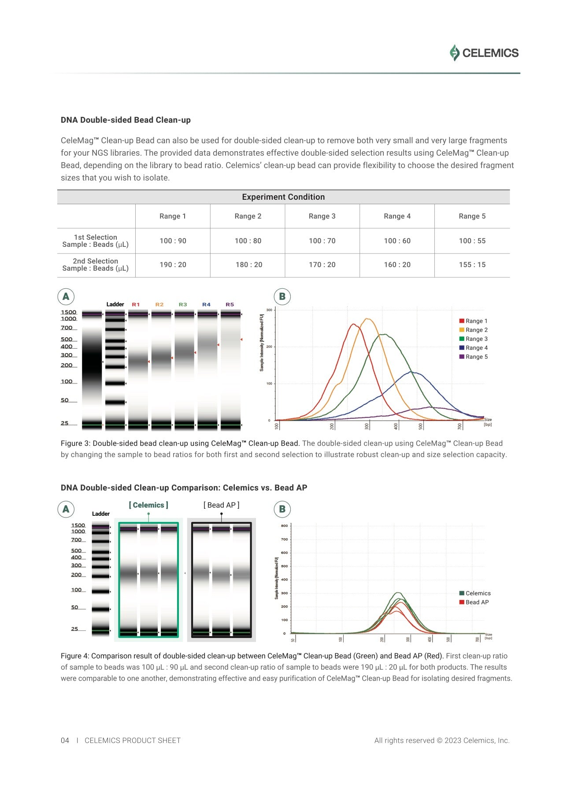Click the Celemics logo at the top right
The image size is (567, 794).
coord(484,53)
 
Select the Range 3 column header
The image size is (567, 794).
coord(322,216)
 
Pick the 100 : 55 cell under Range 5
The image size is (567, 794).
coord(472,241)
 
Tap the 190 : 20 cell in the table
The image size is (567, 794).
coord(173,265)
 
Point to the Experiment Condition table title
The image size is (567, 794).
coord(283,197)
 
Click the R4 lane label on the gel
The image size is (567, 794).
coord(206,305)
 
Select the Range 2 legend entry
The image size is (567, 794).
coord(476,330)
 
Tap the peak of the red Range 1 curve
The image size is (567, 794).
coord(353,324)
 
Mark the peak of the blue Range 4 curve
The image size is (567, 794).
coord(411,372)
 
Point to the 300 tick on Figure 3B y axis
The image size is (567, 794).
coord(269,310)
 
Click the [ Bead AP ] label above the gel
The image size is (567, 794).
coord(221,505)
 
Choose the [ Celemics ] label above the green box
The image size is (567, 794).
coord(148,505)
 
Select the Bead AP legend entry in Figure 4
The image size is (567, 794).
coord(477,602)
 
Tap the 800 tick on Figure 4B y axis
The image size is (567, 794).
coord(284,526)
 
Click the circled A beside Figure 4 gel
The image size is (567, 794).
coord(66,509)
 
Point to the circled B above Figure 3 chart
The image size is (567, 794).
coord(282,297)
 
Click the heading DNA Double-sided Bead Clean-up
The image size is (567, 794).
coord(126,120)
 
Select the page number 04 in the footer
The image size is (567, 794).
coord(65,740)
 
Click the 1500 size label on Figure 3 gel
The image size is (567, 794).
coord(68,312)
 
